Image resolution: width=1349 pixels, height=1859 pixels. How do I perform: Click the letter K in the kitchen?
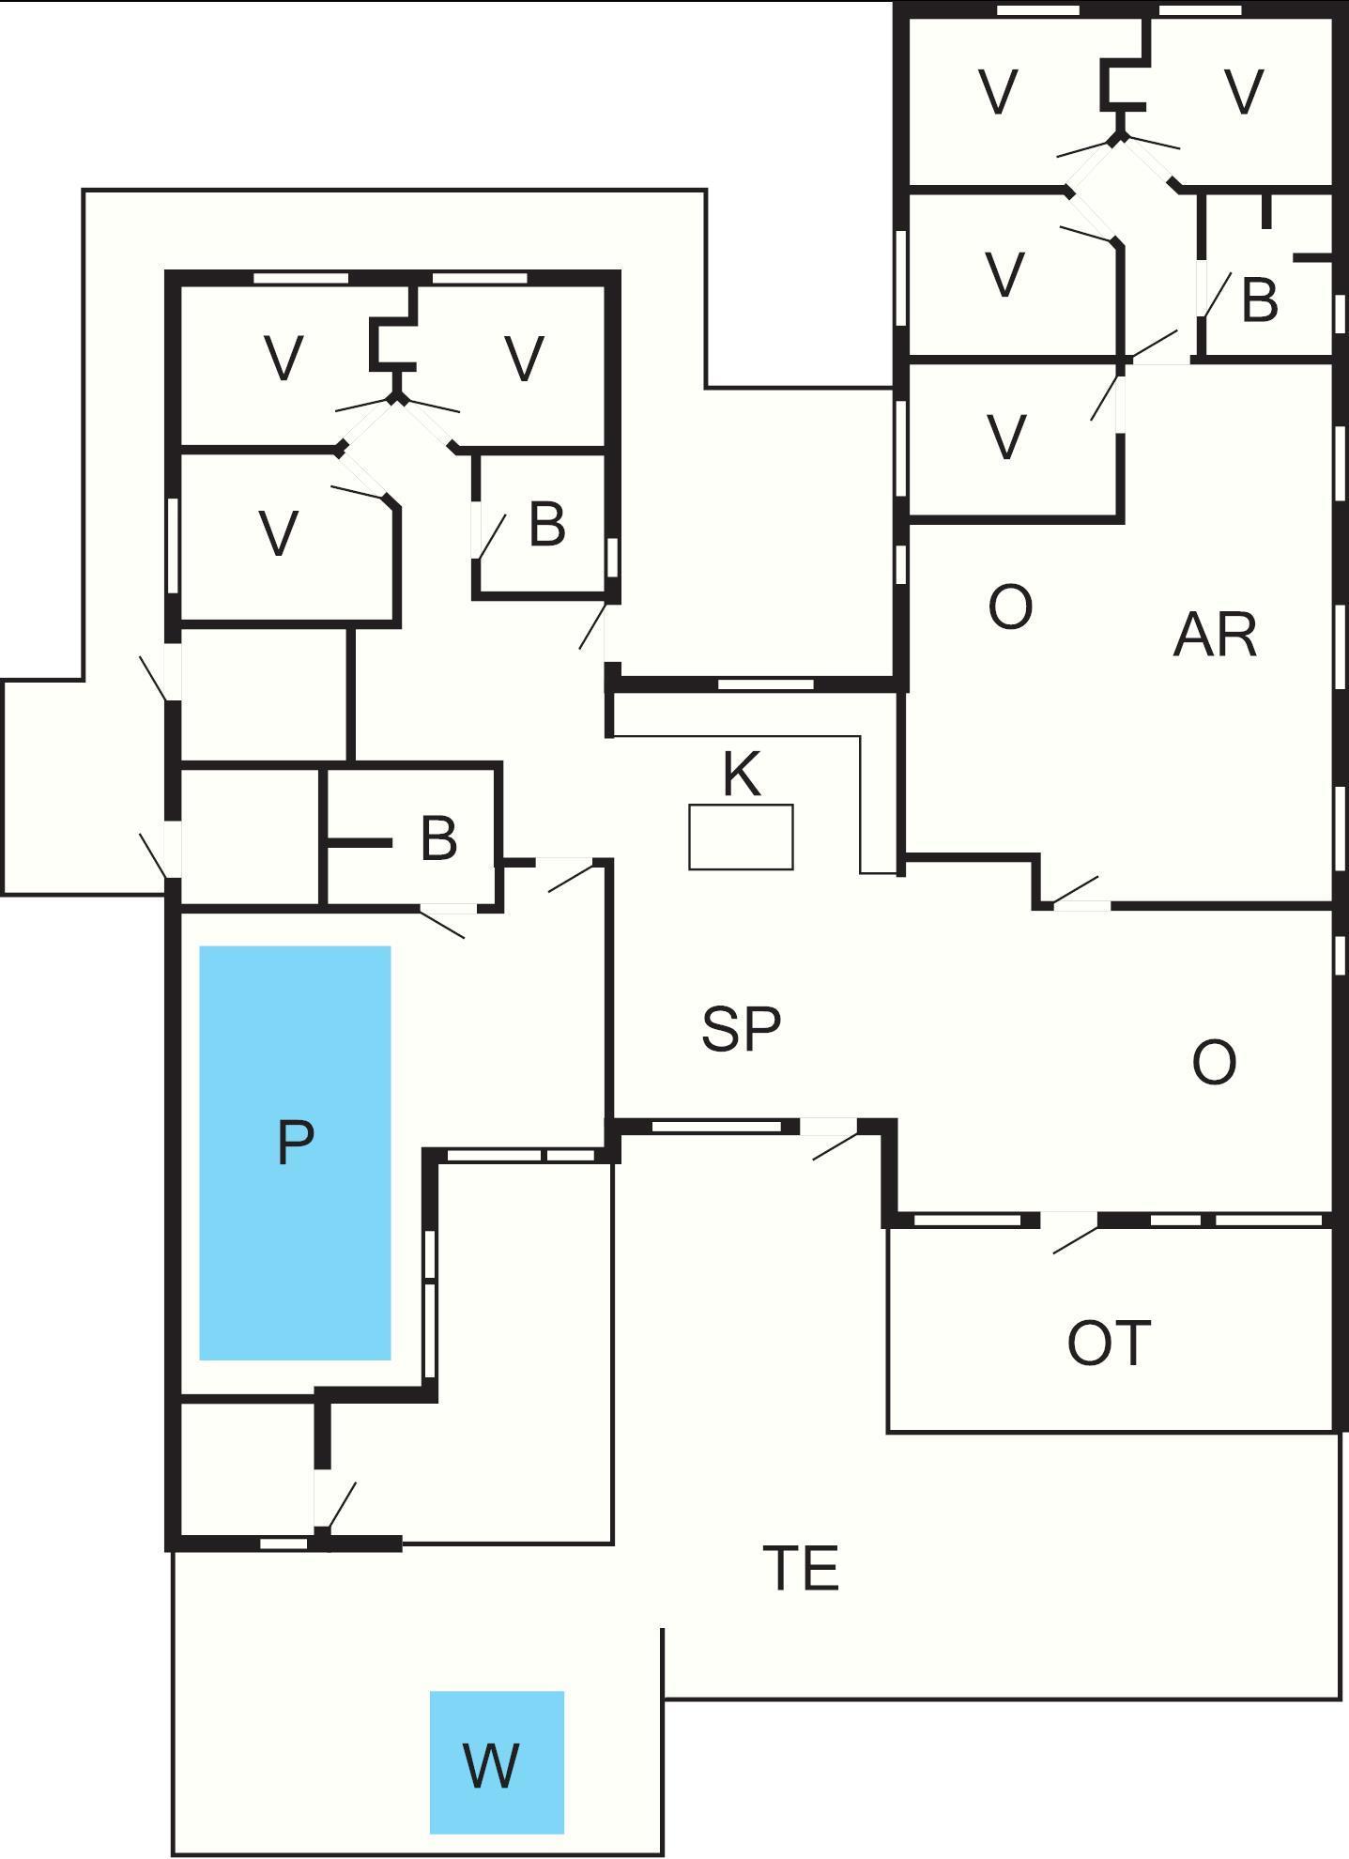click(741, 775)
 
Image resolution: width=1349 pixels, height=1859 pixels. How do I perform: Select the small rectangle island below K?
click(741, 837)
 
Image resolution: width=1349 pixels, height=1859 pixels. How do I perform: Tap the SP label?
click(741, 1029)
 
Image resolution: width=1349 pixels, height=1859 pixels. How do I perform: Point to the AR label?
click(1214, 636)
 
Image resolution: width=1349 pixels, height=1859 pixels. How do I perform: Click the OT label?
click(1109, 1343)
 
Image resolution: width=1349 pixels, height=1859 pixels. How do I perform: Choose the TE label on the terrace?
click(801, 1568)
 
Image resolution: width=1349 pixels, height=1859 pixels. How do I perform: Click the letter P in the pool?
click(295, 1143)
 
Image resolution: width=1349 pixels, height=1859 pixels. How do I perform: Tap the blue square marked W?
click(497, 1762)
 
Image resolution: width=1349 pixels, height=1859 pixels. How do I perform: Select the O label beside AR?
click(1010, 607)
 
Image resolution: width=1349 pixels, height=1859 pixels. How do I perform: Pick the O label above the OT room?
click(1214, 1064)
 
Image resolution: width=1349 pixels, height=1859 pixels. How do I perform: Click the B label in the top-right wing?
click(1259, 300)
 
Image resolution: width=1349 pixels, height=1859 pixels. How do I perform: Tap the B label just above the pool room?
click(438, 838)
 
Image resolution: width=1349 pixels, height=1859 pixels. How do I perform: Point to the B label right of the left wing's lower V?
click(546, 524)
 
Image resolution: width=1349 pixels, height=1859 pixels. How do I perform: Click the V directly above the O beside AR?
click(1005, 438)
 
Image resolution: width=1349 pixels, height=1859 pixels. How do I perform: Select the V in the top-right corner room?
click(1244, 92)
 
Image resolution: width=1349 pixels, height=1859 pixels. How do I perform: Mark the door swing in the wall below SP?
click(834, 1144)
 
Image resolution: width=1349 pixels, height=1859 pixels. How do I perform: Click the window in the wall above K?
click(765, 684)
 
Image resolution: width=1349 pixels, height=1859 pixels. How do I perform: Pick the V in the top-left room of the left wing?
click(284, 359)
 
